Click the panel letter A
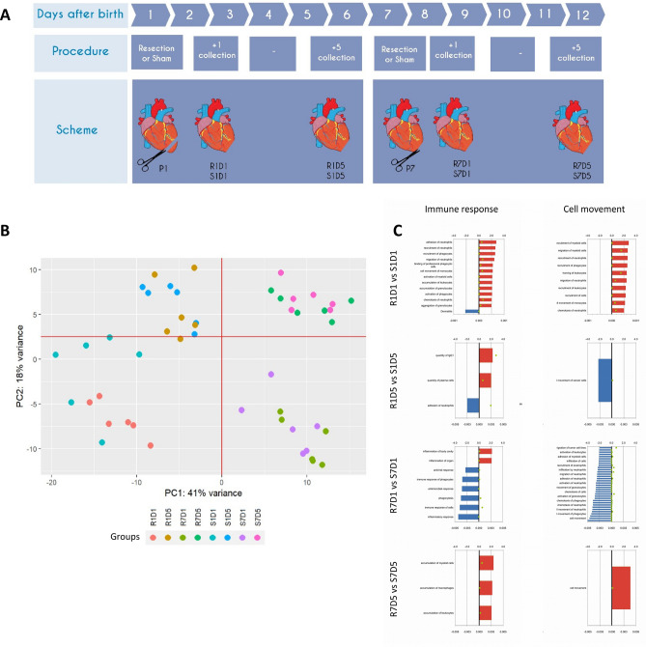point(11,14)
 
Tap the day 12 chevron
point(579,14)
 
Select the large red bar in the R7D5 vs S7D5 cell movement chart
point(621,588)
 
